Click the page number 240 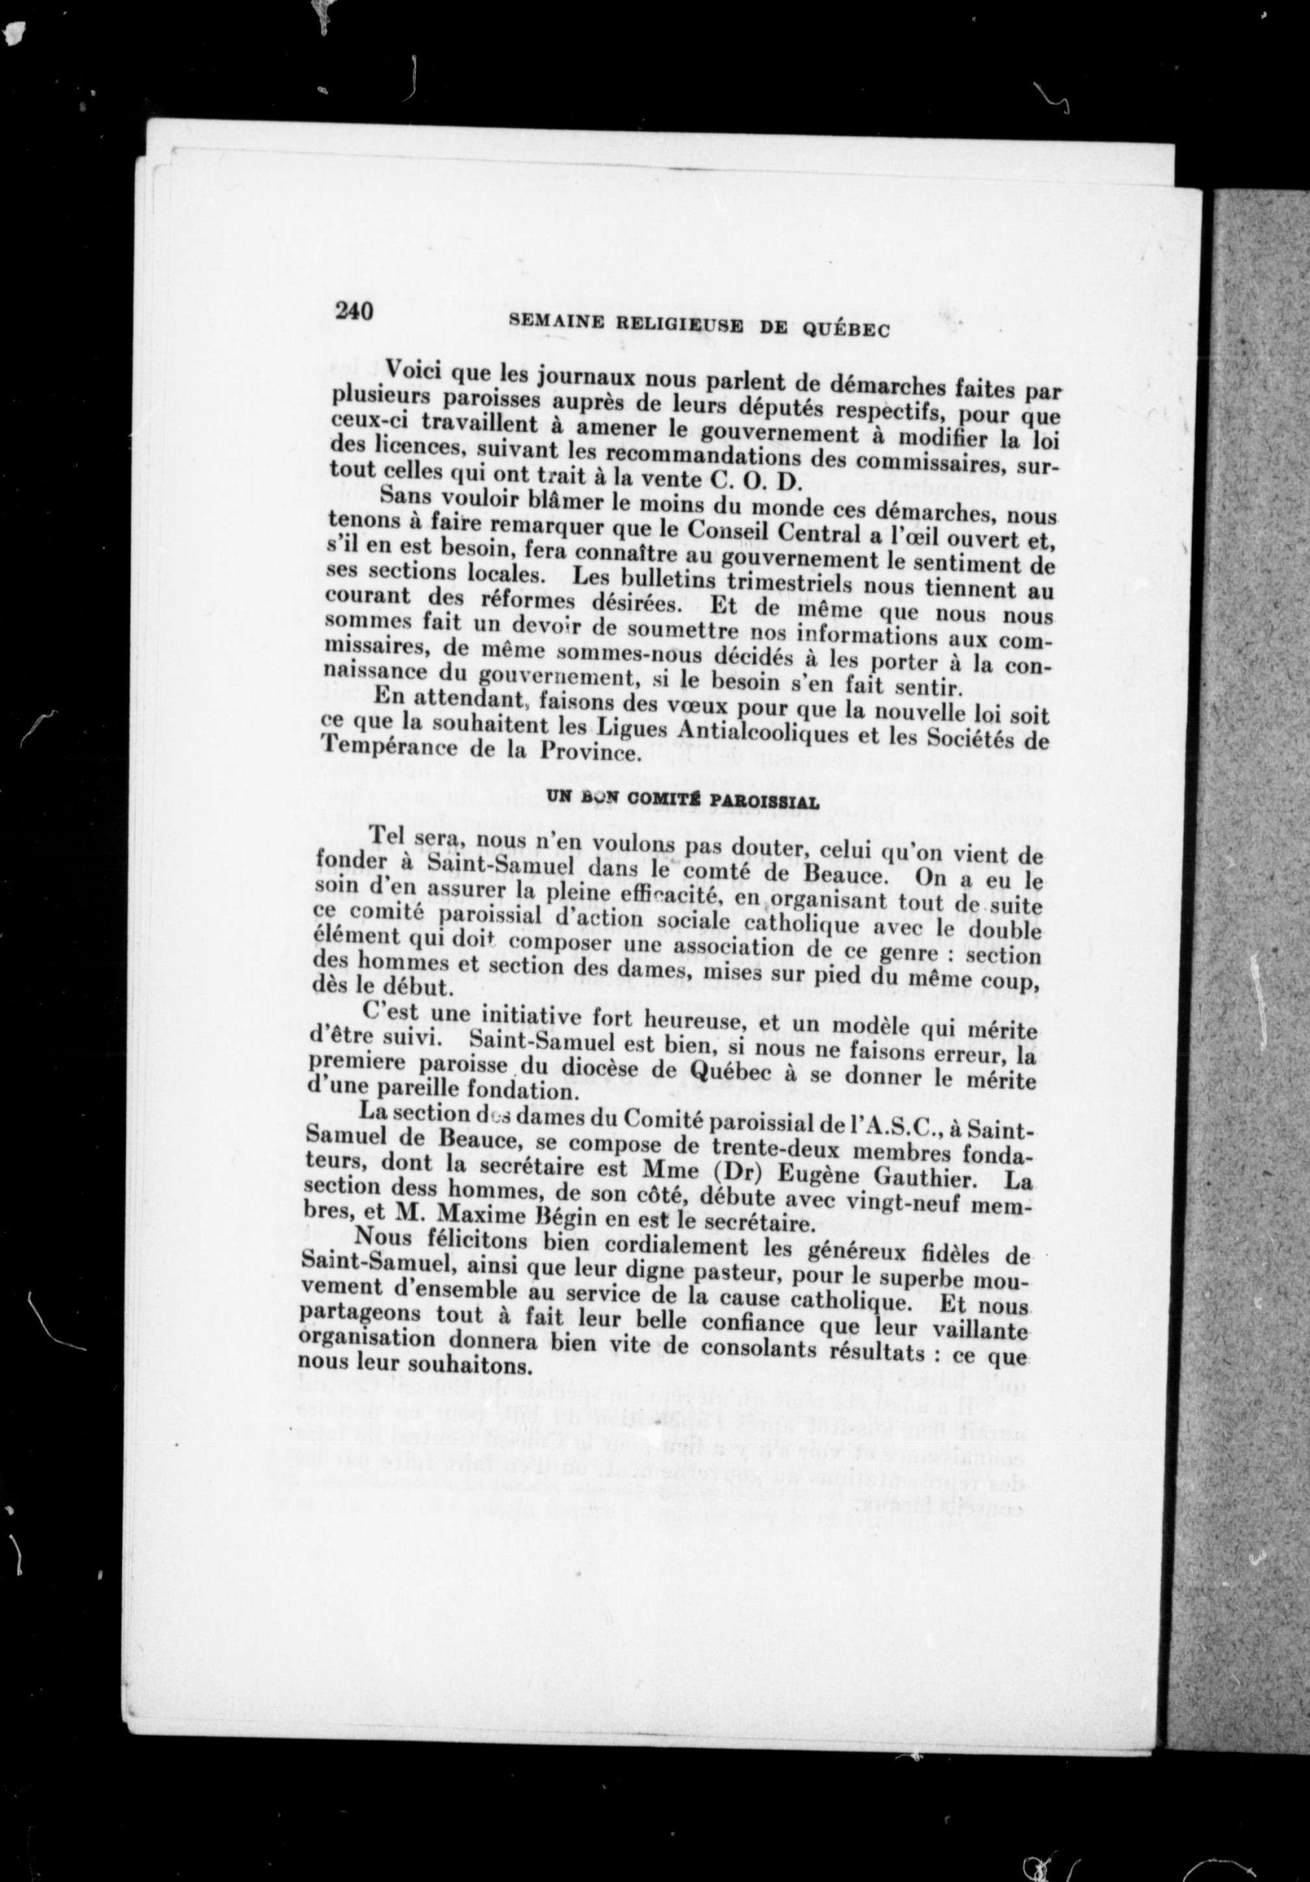(353, 311)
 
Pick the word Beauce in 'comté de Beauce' (841, 875)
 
